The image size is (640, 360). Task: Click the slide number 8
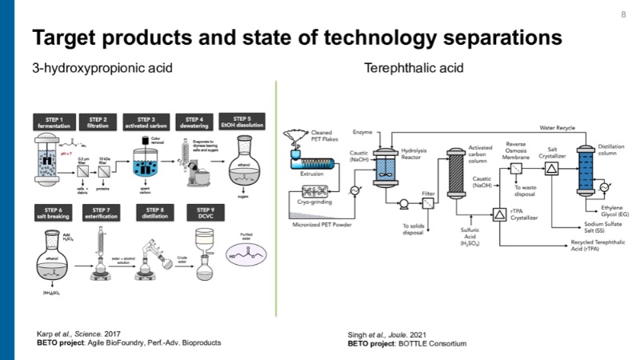pos(623,14)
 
